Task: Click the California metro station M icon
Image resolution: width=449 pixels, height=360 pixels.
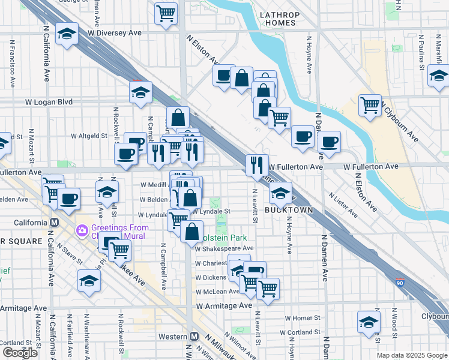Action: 55,222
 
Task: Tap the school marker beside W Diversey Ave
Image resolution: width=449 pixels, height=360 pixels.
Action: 67,34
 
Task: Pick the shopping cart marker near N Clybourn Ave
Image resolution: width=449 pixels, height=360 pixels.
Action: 370,105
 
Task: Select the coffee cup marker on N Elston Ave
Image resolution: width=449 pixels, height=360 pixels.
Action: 224,76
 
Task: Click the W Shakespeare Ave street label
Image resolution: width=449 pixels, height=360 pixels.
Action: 224,248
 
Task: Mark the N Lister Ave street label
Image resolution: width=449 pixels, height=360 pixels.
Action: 345,205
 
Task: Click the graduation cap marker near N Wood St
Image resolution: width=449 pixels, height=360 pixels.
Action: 369,322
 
